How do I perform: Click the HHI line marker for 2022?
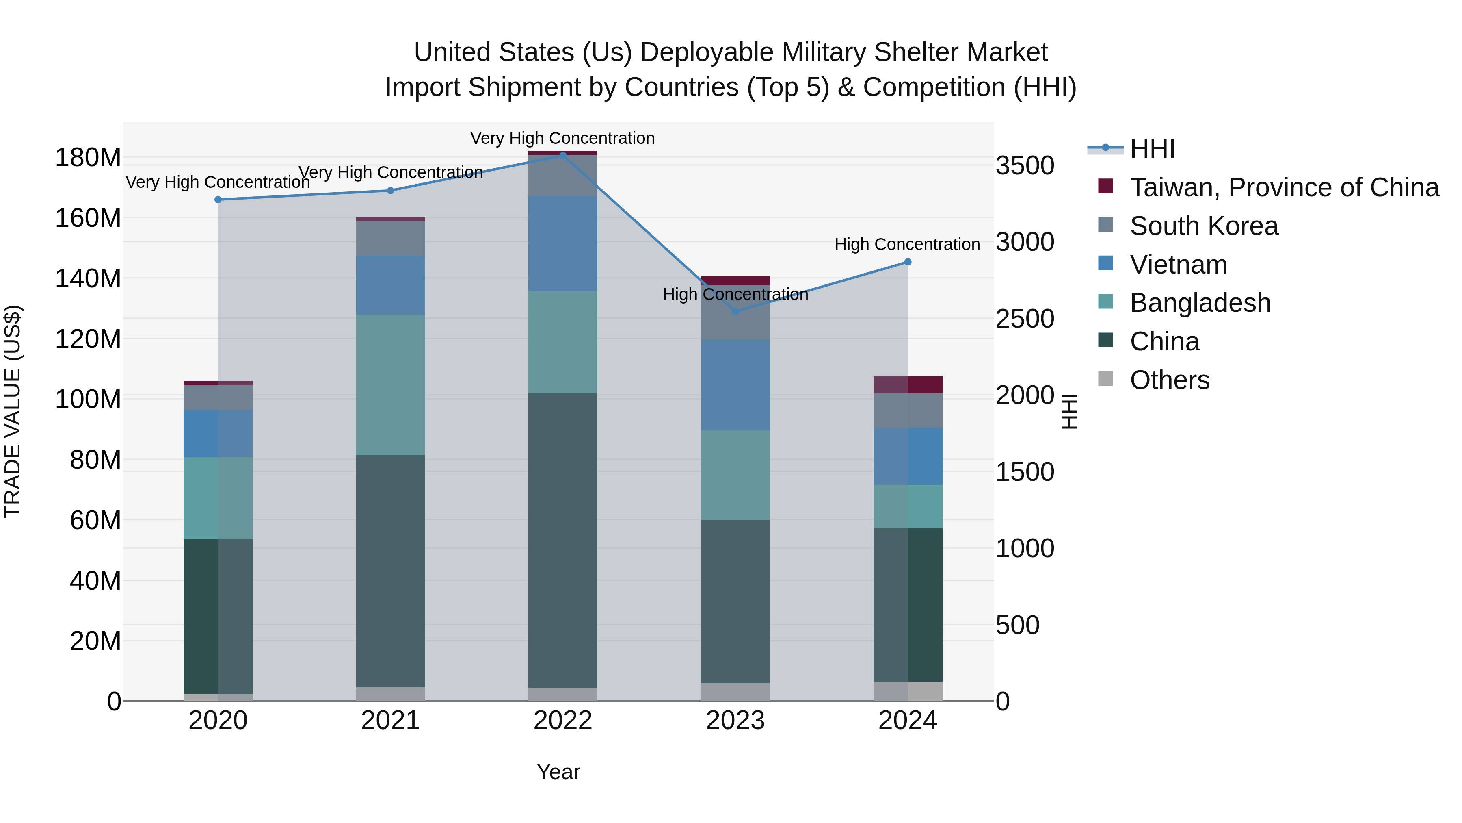562,155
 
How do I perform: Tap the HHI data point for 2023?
735,312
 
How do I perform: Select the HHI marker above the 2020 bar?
218,200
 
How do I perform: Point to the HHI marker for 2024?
908,262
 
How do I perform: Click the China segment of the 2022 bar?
562,540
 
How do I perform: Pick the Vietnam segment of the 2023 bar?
735,384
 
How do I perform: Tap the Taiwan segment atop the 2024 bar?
908,384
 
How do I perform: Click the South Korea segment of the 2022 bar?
562,176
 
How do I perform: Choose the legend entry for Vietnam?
1178,265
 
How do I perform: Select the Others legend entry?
1169,380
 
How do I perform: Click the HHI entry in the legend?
1152,149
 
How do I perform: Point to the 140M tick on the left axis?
88,279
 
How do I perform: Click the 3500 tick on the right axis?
1025,166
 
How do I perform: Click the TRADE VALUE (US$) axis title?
13,411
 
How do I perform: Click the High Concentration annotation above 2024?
907,244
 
